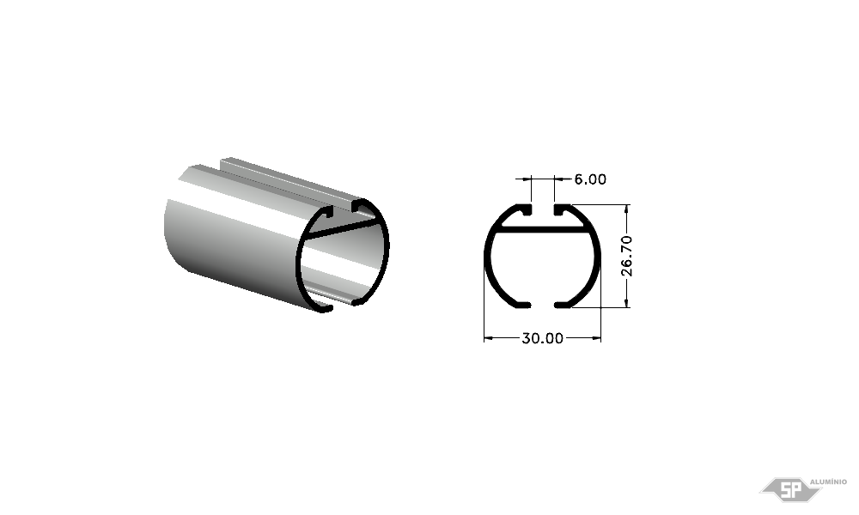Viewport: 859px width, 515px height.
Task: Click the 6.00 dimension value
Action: coord(590,179)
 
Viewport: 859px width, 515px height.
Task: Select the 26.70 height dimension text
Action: coord(627,256)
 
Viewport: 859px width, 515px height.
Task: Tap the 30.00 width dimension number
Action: coord(542,338)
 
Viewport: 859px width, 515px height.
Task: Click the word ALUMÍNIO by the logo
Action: coord(828,482)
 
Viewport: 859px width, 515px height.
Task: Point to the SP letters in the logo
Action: coord(789,490)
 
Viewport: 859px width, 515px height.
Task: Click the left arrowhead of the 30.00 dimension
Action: coord(489,338)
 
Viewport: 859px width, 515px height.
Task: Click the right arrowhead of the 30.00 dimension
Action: coord(596,338)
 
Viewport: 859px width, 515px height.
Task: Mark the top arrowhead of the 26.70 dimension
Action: coord(627,210)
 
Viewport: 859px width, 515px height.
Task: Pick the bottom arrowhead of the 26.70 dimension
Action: coord(627,302)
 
